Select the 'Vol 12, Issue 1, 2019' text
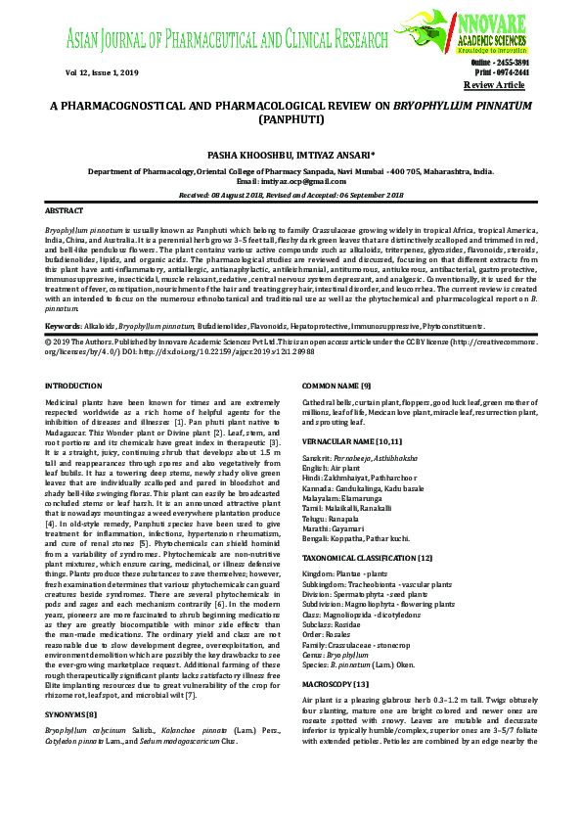click(76, 72)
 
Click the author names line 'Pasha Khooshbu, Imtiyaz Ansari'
click(291, 155)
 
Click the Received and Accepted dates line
click(291, 195)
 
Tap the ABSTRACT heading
click(65, 211)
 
